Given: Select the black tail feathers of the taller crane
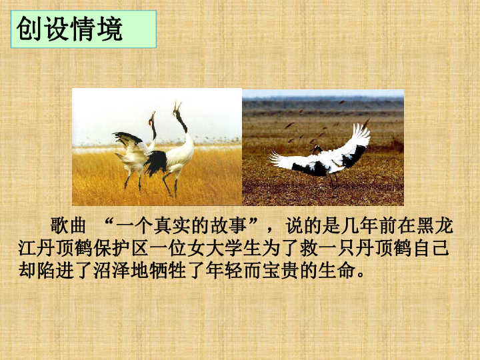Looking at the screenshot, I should coord(157,162).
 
